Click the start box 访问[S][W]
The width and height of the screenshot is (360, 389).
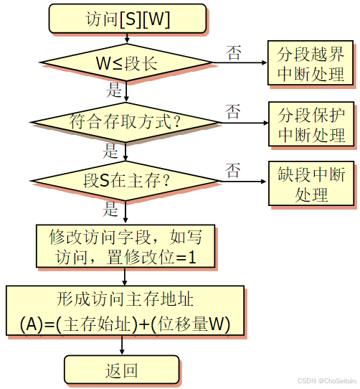point(128,20)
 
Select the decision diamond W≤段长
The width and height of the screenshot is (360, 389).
point(125,63)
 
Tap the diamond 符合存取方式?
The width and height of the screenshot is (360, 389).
point(125,121)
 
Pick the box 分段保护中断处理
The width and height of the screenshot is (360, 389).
point(311,123)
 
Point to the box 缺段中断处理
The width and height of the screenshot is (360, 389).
point(311,184)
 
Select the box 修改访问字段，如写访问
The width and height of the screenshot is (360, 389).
point(125,245)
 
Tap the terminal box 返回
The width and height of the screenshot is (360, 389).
point(122,370)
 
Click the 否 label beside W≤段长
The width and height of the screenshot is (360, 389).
point(234,52)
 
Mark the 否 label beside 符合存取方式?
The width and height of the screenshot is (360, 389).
point(233,111)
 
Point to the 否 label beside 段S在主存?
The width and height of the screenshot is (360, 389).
point(233,171)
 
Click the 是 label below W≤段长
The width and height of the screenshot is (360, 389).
point(113,90)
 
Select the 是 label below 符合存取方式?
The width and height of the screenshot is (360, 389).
point(111,150)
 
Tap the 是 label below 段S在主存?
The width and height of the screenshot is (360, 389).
point(111,210)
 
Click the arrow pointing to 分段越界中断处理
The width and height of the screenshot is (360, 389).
point(244,63)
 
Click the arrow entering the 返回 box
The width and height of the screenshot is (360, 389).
point(122,347)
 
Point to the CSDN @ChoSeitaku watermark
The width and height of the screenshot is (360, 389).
point(328,382)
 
